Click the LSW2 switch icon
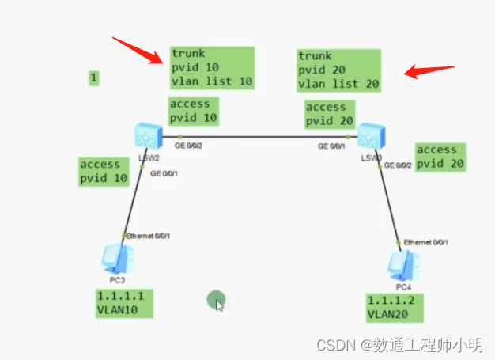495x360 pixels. click(x=147, y=137)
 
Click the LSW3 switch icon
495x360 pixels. click(x=369, y=136)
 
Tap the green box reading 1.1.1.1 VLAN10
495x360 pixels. click(x=124, y=303)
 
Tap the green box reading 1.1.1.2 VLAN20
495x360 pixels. click(x=395, y=307)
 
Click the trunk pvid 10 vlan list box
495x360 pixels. click(x=212, y=67)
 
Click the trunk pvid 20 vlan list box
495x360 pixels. click(x=338, y=70)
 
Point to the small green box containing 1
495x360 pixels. click(x=94, y=78)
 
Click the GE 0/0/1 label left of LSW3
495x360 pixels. click(x=332, y=146)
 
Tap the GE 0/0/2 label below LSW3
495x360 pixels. click(x=399, y=165)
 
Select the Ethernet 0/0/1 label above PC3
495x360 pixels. click(x=149, y=236)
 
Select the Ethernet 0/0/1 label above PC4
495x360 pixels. click(x=427, y=242)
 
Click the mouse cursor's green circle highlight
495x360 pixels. click(x=216, y=300)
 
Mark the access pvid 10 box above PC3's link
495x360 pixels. click(x=104, y=171)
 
